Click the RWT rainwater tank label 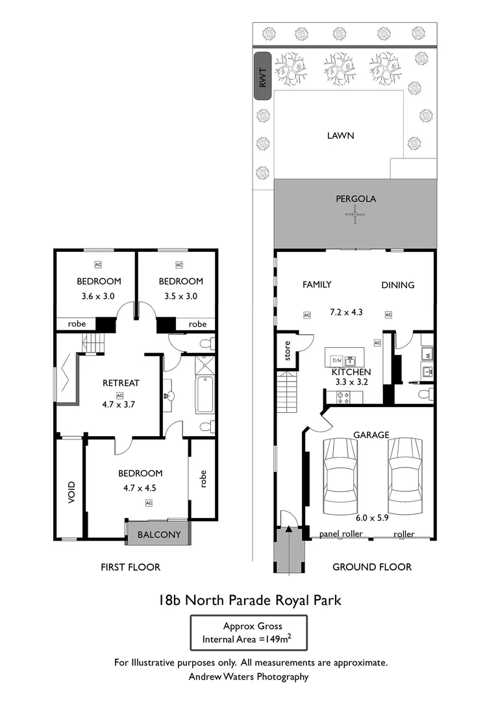pyautogui.click(x=262, y=76)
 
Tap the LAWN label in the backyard pyautogui.click(x=340, y=136)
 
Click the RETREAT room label pyautogui.click(x=121, y=383)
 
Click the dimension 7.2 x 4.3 pyautogui.click(x=346, y=312)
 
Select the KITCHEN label pyautogui.click(x=351, y=372)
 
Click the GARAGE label pyautogui.click(x=371, y=434)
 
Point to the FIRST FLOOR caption pyautogui.click(x=130, y=567)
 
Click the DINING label pyautogui.click(x=397, y=284)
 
